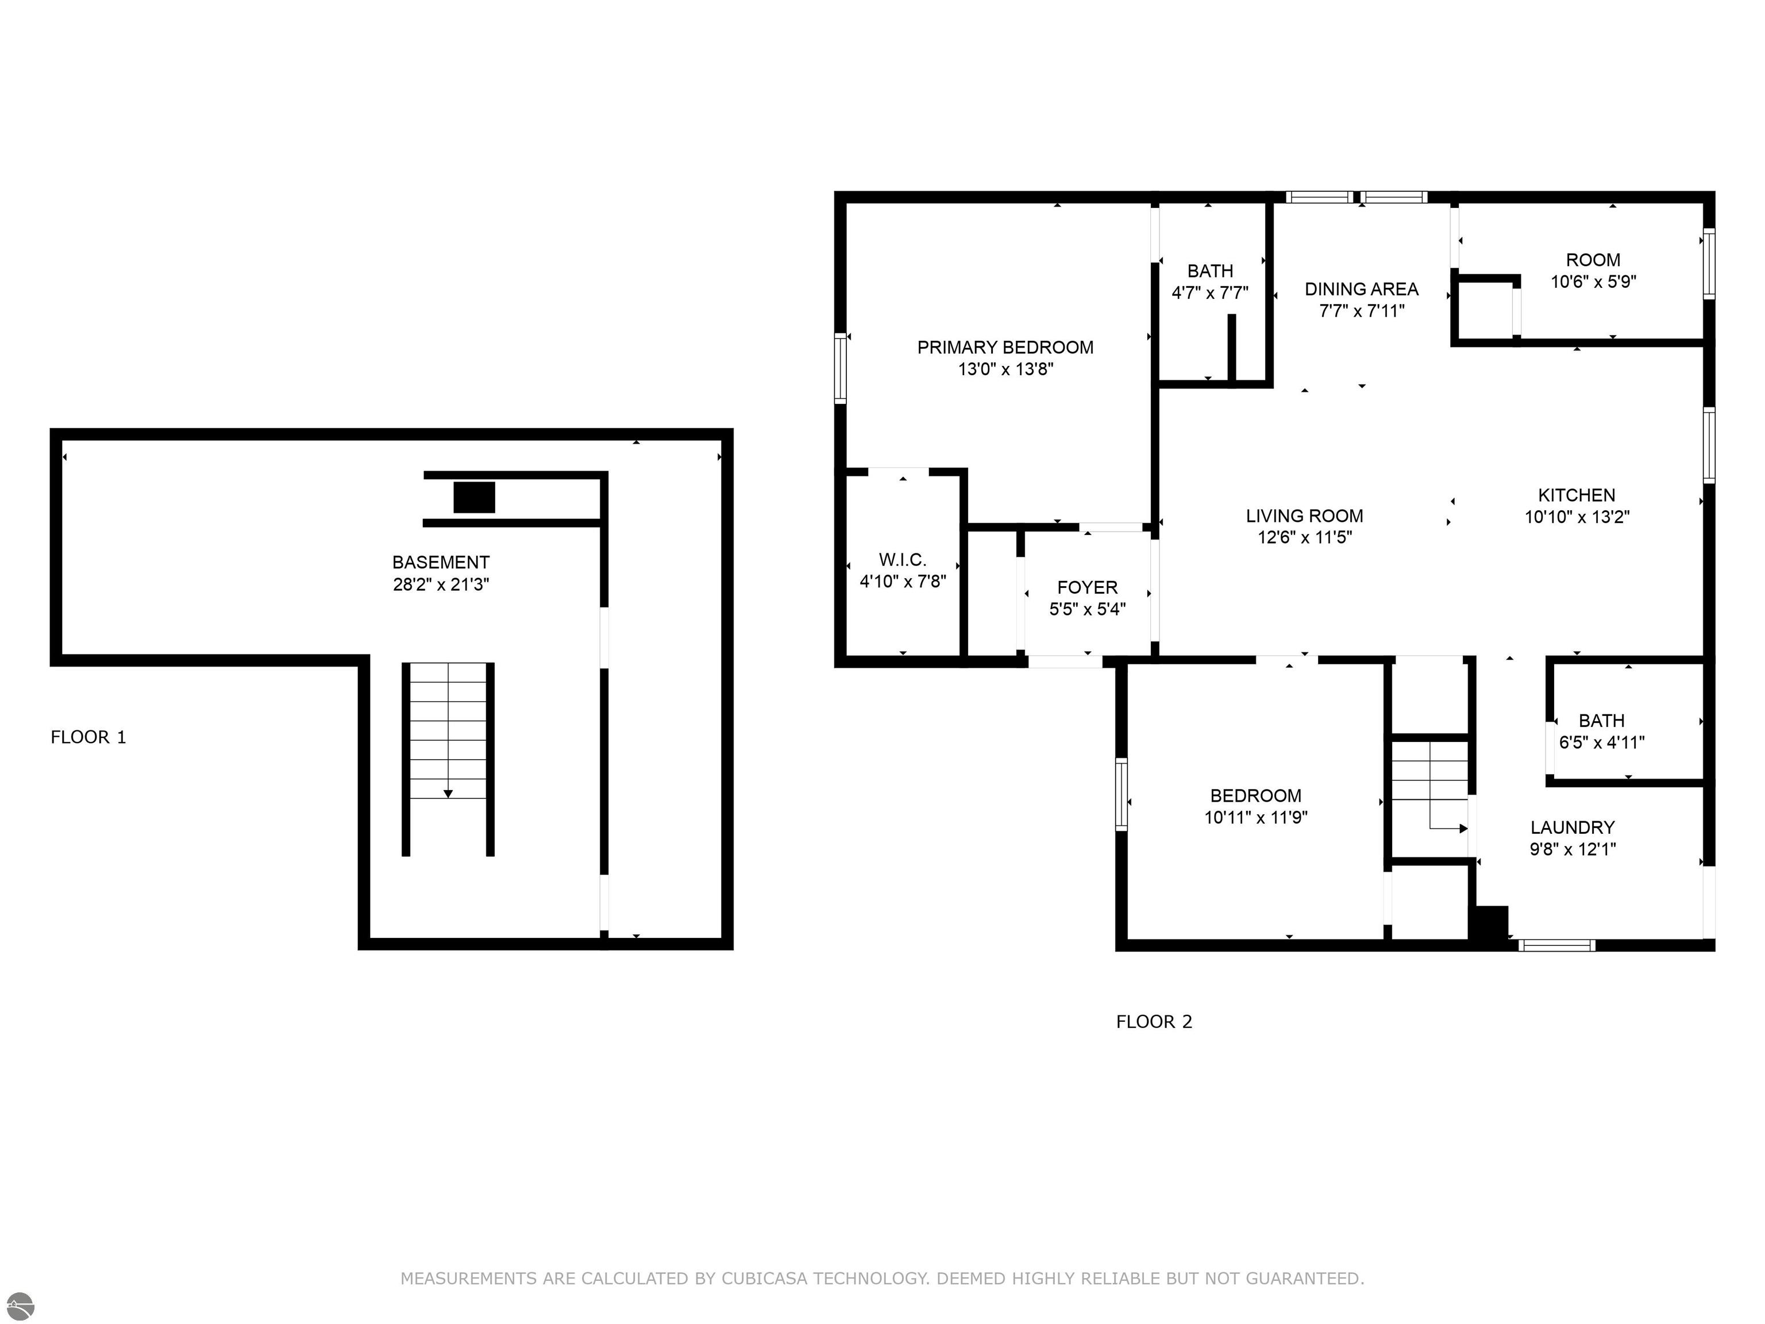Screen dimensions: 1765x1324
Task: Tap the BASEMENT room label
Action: pos(441,562)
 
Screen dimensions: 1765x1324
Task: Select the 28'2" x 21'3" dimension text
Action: pos(441,584)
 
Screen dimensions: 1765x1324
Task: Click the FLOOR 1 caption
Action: pos(88,737)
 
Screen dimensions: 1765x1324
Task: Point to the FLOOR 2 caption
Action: pos(1154,1022)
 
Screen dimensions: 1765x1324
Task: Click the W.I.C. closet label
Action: pos(903,560)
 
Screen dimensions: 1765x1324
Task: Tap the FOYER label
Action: pos(1087,587)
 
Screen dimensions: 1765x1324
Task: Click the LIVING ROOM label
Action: pos(1305,515)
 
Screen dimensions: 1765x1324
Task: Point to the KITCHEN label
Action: pos(1577,495)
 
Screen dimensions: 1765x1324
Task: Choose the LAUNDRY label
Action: pos(1573,827)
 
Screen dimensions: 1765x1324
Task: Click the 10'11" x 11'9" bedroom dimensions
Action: pos(1256,817)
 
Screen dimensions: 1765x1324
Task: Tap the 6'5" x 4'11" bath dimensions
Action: pos(1601,742)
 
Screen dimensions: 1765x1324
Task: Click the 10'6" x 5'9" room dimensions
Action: pos(1593,282)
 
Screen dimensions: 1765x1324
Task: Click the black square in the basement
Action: pos(474,497)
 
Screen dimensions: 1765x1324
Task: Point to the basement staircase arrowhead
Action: pos(448,794)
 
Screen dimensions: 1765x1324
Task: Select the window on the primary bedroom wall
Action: pos(840,369)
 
